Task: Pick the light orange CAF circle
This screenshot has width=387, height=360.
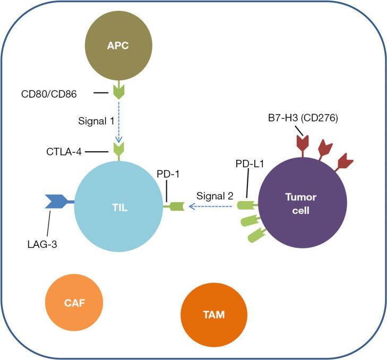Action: point(75,303)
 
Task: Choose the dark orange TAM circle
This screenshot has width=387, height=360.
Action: point(213,314)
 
